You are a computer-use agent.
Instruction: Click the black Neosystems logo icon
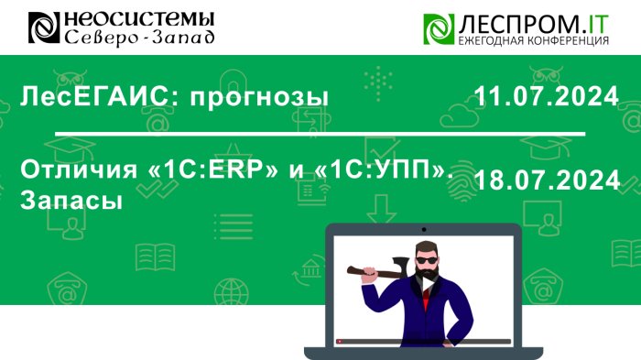pyautogui.click(x=44, y=27)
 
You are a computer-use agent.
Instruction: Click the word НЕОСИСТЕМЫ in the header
pyautogui.click(x=139, y=19)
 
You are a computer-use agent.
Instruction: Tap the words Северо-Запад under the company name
pyautogui.click(x=139, y=38)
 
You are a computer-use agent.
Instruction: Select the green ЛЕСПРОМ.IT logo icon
pyautogui.click(x=439, y=28)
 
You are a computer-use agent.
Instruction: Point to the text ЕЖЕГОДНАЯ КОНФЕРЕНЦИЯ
pyautogui.click(x=534, y=40)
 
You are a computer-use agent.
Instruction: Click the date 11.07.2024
pyautogui.click(x=546, y=96)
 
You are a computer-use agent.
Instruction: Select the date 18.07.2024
pyautogui.click(x=548, y=180)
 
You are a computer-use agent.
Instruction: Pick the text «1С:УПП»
pyautogui.click(x=384, y=169)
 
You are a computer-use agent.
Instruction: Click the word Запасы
pyautogui.click(x=71, y=200)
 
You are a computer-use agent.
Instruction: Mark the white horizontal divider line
pyautogui.click(x=320, y=134)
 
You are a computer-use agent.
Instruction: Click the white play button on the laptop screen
pyautogui.click(x=428, y=284)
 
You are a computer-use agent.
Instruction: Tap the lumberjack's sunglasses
pyautogui.click(x=427, y=260)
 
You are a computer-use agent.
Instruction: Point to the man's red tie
pyautogui.click(x=426, y=300)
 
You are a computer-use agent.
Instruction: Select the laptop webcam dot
pyautogui.click(x=424, y=230)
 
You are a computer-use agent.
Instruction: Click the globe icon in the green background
pyautogui.click(x=231, y=291)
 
